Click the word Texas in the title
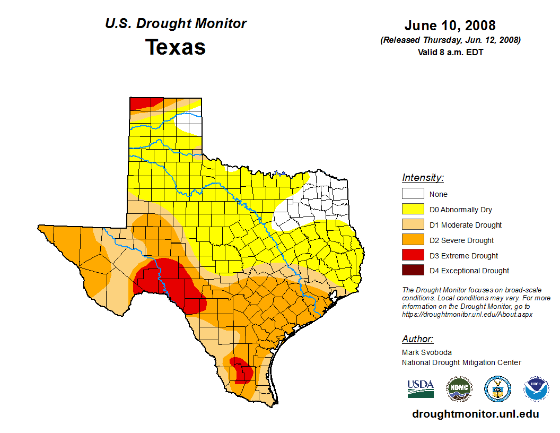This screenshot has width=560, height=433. (x=176, y=47)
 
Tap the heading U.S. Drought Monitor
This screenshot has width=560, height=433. (x=176, y=24)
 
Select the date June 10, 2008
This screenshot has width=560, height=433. (x=450, y=25)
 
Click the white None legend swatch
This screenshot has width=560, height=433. (x=413, y=194)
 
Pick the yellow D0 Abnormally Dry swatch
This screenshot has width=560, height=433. (x=413, y=210)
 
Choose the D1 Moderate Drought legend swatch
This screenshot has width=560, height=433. (x=413, y=225)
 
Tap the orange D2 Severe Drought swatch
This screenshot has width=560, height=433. (x=413, y=240)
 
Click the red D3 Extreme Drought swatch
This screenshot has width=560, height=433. (x=413, y=255)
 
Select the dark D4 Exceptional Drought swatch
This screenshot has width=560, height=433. (x=413, y=271)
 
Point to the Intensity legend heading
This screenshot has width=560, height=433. (x=423, y=178)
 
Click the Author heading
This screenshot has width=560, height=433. (x=417, y=339)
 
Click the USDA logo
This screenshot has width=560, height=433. (x=421, y=388)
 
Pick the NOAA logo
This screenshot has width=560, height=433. (x=537, y=388)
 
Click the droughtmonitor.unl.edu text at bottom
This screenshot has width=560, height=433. (x=475, y=414)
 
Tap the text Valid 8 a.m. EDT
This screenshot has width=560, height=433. (x=450, y=52)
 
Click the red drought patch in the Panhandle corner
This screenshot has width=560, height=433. (x=141, y=103)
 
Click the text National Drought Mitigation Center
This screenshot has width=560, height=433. (x=461, y=362)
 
